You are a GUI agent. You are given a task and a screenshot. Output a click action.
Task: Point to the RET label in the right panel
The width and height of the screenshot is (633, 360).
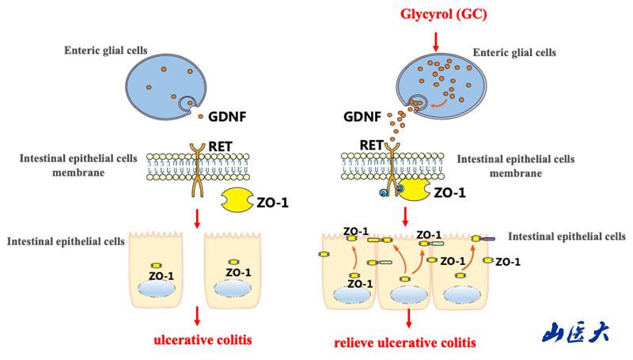pyautogui.click(x=371, y=145)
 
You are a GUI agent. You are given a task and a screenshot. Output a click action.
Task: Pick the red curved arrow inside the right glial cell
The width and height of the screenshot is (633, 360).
pyautogui.click(x=444, y=101)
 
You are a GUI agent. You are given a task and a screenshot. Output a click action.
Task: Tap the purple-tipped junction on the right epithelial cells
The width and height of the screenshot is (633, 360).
pyautogui.click(x=488, y=238)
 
